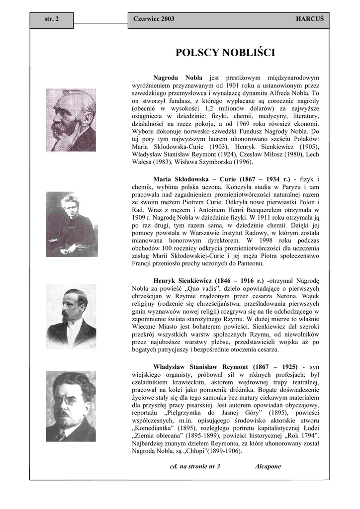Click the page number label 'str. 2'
51,19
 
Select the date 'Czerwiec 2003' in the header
154,19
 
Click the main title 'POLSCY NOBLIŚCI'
225,53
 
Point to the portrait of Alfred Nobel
71,120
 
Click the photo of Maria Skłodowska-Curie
71,224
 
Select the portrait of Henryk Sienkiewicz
71,316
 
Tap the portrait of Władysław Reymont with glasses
71,406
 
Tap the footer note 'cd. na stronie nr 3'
195,467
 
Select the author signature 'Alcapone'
268,467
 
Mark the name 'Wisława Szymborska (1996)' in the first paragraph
213,162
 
